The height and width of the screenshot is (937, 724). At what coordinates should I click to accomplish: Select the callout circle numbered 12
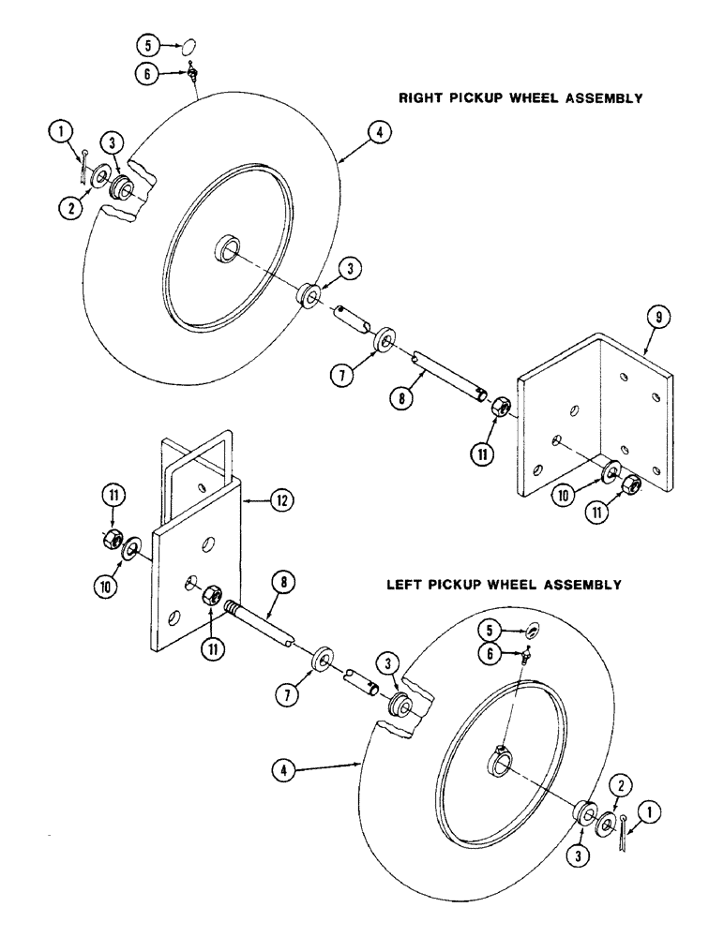tap(279, 502)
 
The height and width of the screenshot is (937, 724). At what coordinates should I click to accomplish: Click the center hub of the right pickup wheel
tap(226, 249)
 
